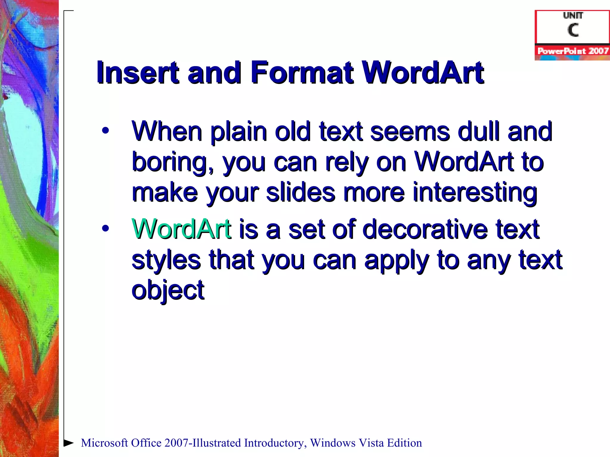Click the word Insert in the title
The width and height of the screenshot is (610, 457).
(138, 72)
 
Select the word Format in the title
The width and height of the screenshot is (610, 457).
(302, 72)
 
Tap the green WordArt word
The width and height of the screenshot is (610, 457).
(181, 229)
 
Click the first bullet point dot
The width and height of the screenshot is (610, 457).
(105, 131)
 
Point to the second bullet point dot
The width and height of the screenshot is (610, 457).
(105, 228)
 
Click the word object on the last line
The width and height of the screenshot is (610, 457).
(168, 290)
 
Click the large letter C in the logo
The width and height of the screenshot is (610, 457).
(573, 30)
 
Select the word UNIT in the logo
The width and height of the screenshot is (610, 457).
(573, 15)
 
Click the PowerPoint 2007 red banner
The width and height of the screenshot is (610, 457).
(572, 51)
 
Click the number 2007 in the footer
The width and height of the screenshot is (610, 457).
(176, 443)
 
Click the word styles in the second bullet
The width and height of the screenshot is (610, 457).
(166, 260)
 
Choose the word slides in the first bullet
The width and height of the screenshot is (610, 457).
(301, 192)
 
